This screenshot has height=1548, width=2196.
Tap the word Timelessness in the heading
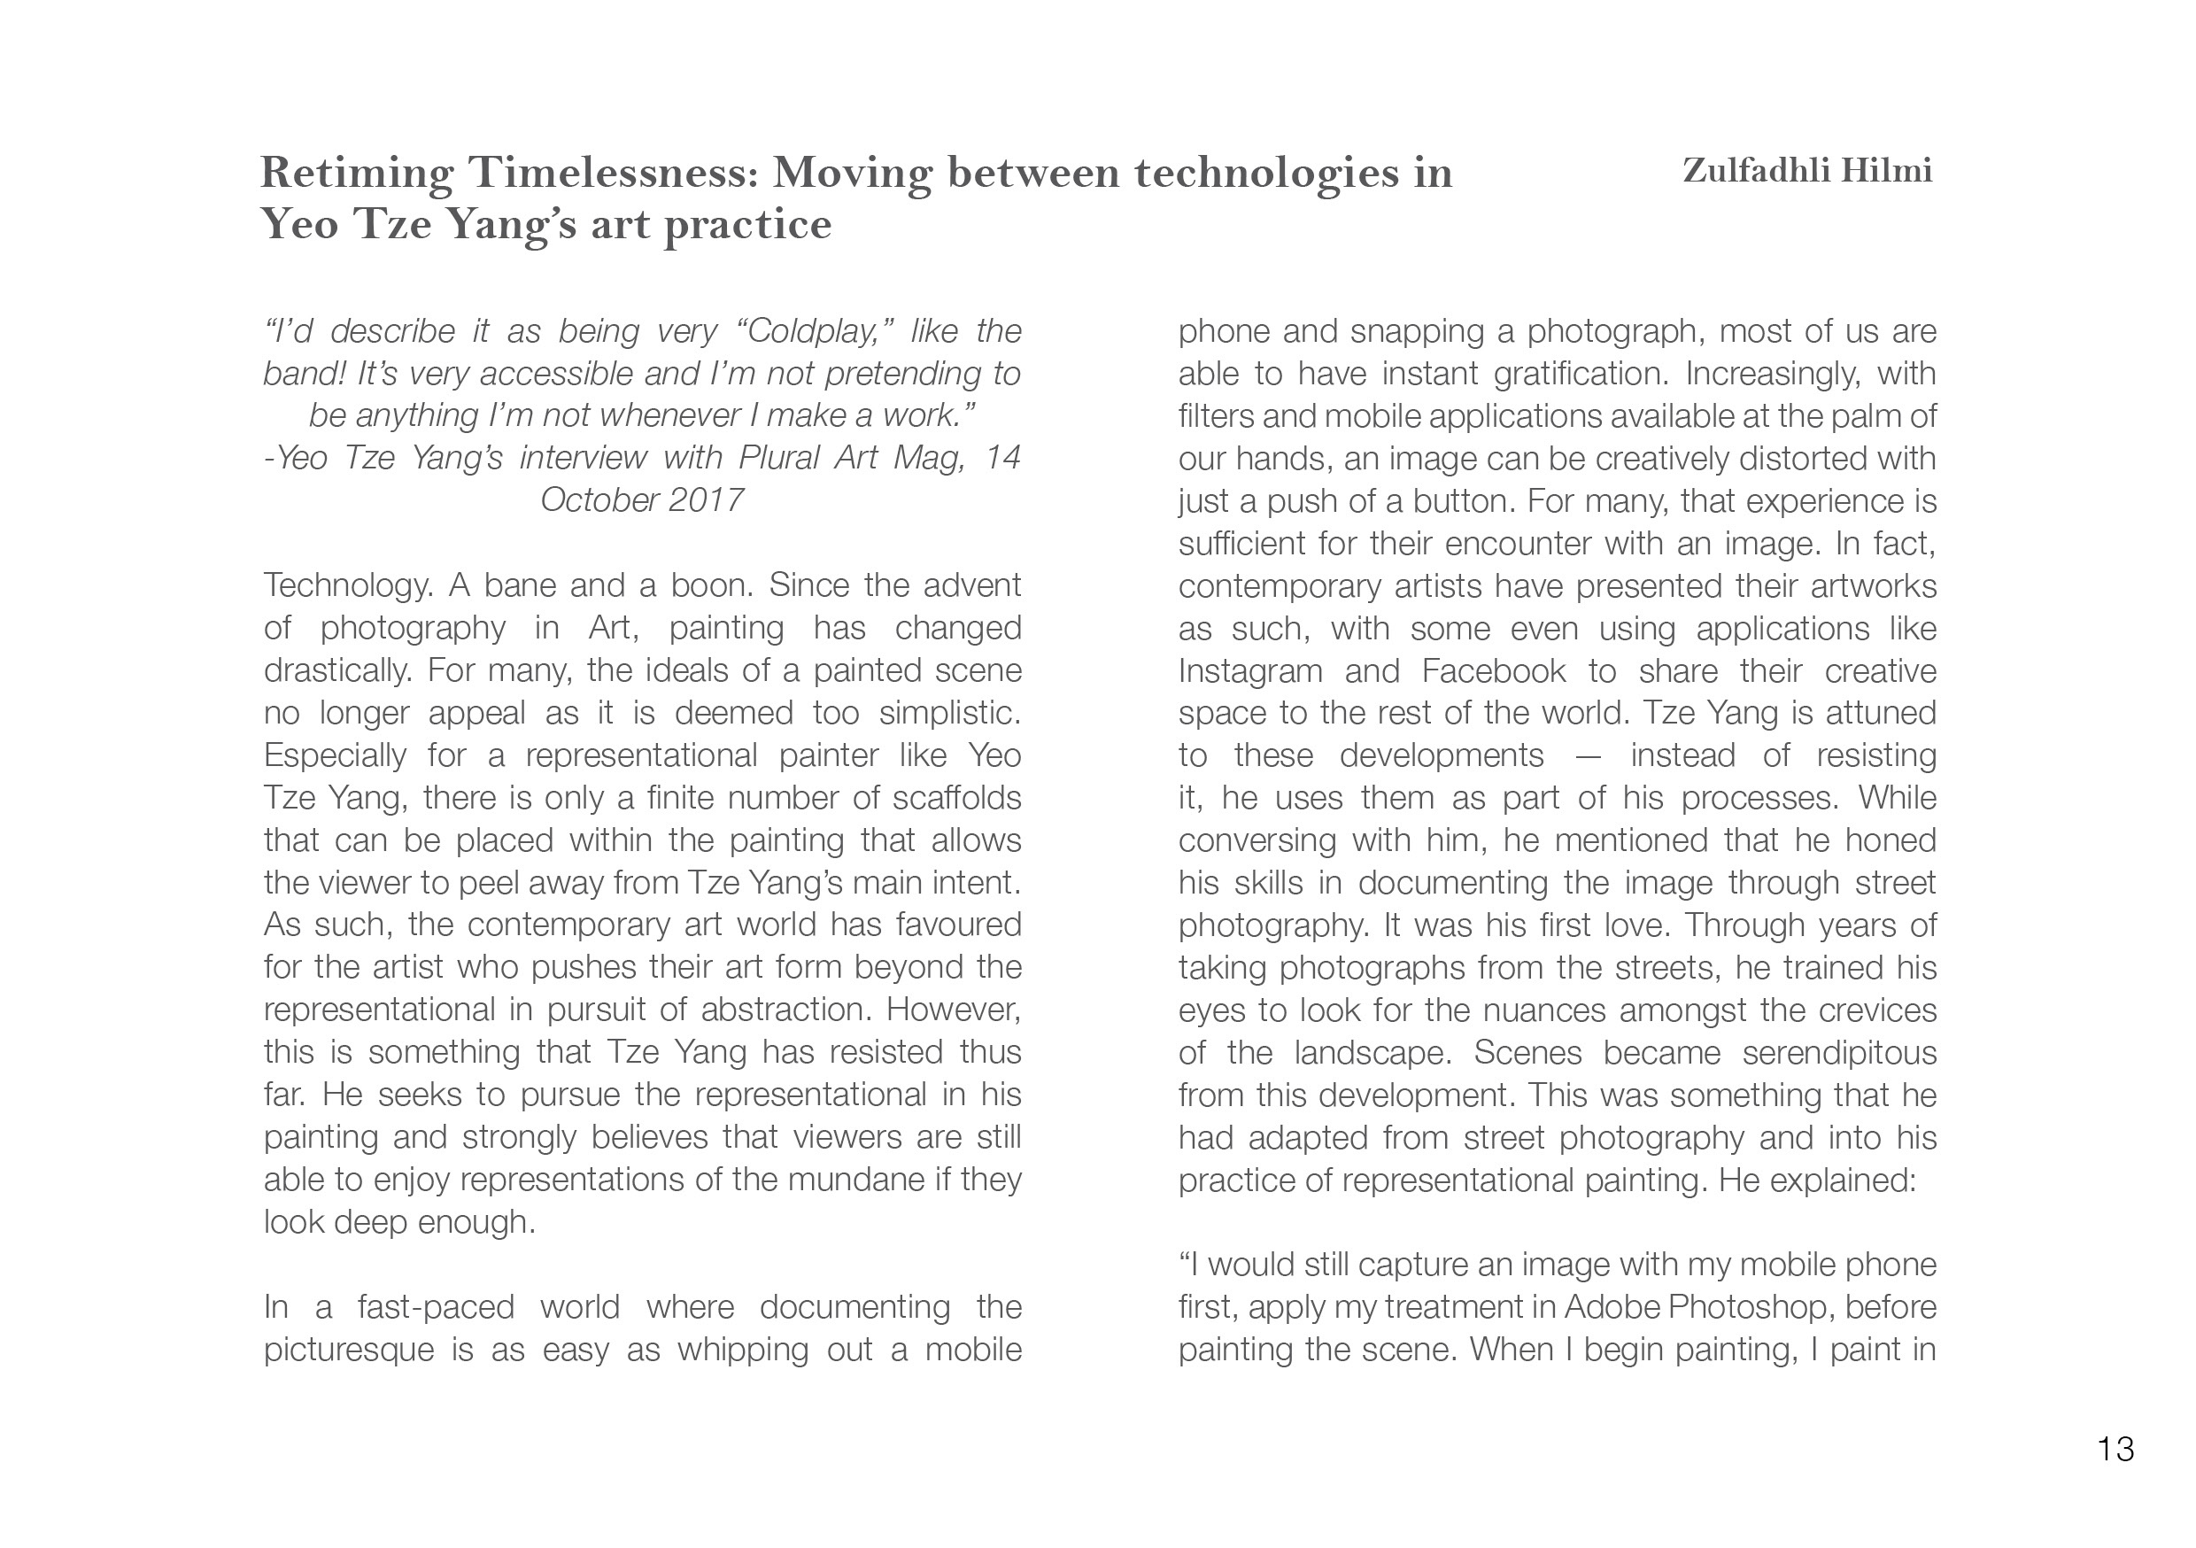(x=612, y=174)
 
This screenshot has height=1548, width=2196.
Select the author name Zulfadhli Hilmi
(x=1806, y=171)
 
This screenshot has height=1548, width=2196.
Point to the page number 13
(x=2115, y=1450)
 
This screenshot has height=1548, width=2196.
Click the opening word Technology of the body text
(x=346, y=585)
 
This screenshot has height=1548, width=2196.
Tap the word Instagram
(x=1250, y=671)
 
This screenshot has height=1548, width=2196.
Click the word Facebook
(x=1493, y=671)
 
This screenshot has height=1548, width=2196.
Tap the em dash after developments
(x=1587, y=755)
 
